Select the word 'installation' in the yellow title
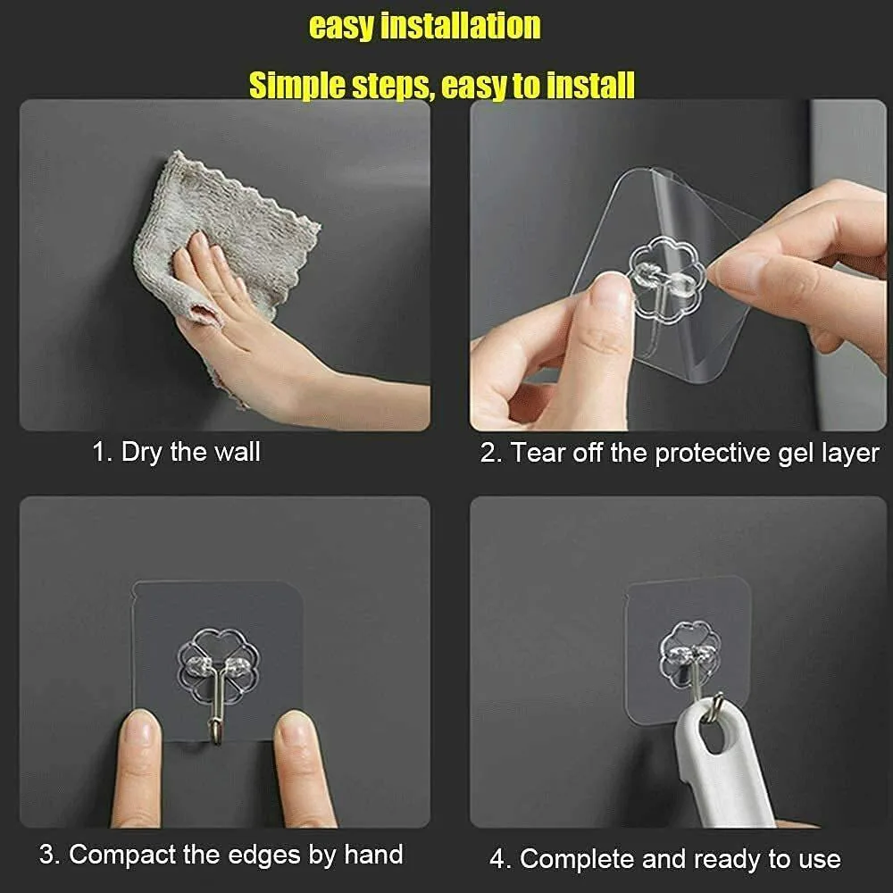pos(460,26)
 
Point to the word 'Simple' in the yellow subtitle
pos(296,86)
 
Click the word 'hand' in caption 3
pos(373,855)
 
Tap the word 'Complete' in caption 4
pos(577,859)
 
